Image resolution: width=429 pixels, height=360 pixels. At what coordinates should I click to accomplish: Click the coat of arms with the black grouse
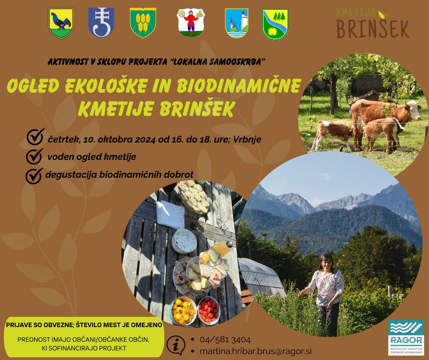61,23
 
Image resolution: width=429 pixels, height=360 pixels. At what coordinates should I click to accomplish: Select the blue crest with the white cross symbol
101,22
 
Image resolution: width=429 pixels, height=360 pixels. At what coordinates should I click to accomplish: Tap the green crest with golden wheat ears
143,22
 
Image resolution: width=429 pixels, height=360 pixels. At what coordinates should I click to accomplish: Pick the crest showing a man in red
191,23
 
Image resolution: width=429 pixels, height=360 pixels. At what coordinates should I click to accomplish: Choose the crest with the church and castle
237,23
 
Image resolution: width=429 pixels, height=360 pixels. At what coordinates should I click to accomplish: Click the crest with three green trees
275,24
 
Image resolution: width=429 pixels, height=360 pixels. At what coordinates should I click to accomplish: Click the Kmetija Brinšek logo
373,23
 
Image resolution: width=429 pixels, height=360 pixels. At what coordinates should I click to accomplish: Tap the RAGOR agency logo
406,337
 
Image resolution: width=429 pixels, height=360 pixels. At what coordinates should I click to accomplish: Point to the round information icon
176,345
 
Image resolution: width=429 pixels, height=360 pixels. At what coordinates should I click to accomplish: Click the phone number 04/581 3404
225,340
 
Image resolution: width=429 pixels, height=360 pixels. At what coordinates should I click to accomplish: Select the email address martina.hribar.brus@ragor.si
256,351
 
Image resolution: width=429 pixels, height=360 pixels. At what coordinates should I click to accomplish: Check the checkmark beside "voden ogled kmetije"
35,156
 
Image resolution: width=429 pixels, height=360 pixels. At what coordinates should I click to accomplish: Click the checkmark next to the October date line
36,137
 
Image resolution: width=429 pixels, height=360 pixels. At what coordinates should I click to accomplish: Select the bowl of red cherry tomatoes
209,310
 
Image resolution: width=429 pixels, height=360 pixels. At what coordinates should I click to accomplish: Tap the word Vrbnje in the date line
247,139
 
